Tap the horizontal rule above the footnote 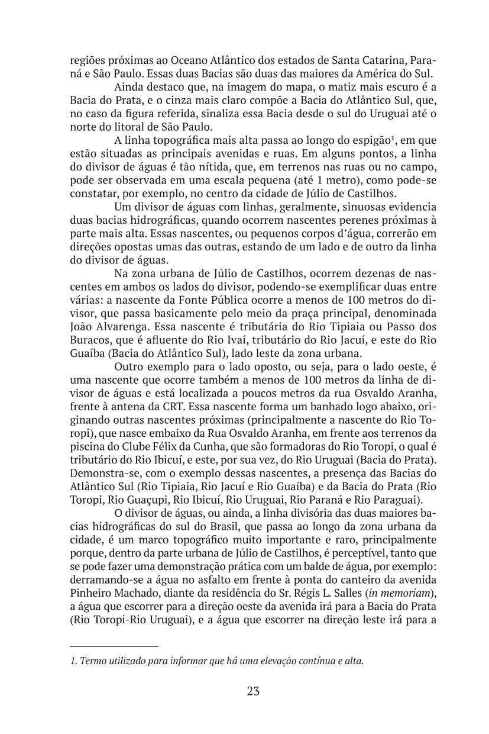(x=114, y=647)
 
